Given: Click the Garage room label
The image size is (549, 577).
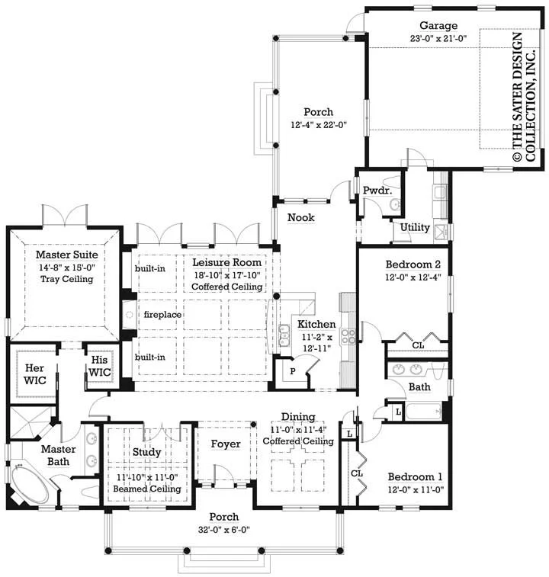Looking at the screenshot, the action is (438, 26).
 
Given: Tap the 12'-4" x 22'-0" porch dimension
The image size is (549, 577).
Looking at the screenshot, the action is (319, 125).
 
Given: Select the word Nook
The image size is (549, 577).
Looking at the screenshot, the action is (301, 217).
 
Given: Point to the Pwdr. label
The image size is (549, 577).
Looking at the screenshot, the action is (377, 191).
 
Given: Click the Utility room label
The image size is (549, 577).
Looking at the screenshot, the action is (415, 227).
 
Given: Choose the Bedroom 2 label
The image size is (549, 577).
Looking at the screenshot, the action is (413, 264).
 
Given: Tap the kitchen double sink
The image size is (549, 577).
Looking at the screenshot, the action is (284, 335).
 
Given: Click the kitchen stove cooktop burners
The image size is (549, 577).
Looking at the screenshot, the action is (348, 336).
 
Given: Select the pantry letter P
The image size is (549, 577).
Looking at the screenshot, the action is (293, 371).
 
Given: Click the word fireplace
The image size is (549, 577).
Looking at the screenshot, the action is (162, 315).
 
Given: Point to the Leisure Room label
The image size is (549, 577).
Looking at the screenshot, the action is (226, 262).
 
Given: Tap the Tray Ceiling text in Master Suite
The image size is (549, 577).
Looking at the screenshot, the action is (66, 279).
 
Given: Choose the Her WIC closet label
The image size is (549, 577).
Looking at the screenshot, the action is (34, 374).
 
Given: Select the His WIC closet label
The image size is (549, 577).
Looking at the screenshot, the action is (99, 366).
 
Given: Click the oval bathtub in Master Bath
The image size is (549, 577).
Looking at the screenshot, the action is (30, 485).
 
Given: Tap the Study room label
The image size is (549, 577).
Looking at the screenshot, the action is (147, 452).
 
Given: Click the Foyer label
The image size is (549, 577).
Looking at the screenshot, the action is (226, 444).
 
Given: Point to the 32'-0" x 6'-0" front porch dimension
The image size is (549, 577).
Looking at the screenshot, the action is (224, 530).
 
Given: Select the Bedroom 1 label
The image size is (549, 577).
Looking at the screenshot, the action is (416, 476).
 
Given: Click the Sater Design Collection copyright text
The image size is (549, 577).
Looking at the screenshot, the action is (524, 97).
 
